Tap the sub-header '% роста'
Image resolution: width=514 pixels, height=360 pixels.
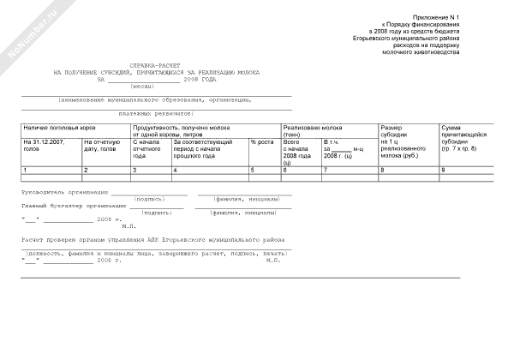[261, 141]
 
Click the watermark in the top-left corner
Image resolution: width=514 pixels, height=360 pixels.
[26, 27]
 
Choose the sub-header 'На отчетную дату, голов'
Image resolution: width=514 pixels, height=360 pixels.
[99, 145]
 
